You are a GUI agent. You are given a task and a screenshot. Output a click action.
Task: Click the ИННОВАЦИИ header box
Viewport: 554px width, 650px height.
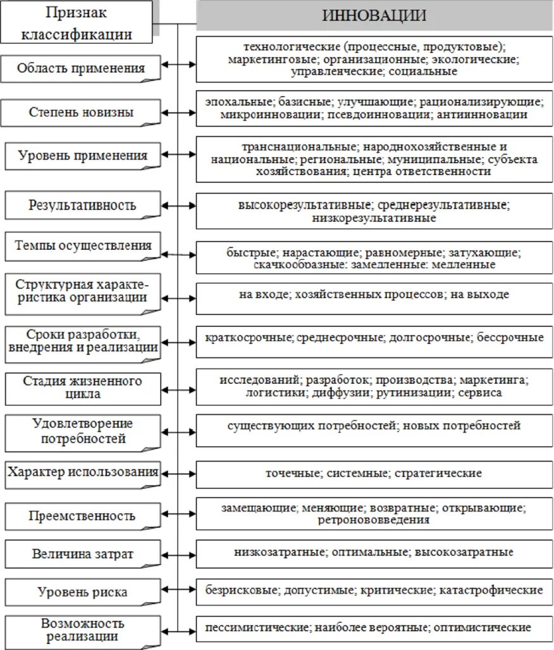pos(374,15)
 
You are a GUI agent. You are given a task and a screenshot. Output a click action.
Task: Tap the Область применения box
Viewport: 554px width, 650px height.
pos(80,68)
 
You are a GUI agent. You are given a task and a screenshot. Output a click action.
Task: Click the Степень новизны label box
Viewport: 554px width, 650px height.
pos(80,113)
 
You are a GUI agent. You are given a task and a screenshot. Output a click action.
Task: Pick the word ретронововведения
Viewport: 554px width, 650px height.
pos(374,520)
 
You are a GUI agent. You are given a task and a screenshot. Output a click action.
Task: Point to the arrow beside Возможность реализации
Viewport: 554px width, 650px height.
pos(179,630)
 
